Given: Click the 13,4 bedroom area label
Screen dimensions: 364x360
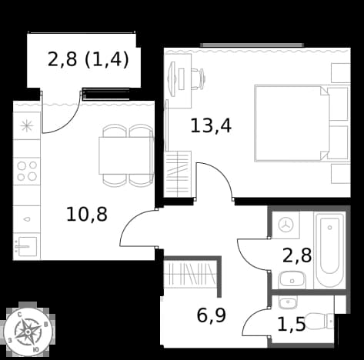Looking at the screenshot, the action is click(211, 125).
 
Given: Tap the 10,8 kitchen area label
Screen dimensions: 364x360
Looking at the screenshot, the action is click(87, 215).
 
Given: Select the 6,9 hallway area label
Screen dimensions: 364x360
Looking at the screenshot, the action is click(211, 315).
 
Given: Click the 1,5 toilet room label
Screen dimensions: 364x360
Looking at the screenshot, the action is click(292, 324).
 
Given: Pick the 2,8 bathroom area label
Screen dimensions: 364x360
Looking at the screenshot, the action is click(297, 255).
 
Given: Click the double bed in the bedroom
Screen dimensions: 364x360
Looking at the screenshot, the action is click(302, 123).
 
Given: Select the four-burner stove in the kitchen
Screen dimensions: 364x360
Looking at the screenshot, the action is click(27, 171).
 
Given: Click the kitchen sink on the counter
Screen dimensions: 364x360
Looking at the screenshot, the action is click(27, 246).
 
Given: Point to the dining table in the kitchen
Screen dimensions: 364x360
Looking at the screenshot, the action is click(126, 155).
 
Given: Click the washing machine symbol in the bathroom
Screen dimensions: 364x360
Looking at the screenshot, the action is click(286, 225).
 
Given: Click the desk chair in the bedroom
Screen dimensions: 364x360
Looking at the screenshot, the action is click(198, 79).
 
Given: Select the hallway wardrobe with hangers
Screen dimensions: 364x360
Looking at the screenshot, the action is click(189, 273).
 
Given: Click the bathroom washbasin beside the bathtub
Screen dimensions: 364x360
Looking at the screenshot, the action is click(292, 280).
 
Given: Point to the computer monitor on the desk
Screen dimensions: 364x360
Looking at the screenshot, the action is click(172, 79).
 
